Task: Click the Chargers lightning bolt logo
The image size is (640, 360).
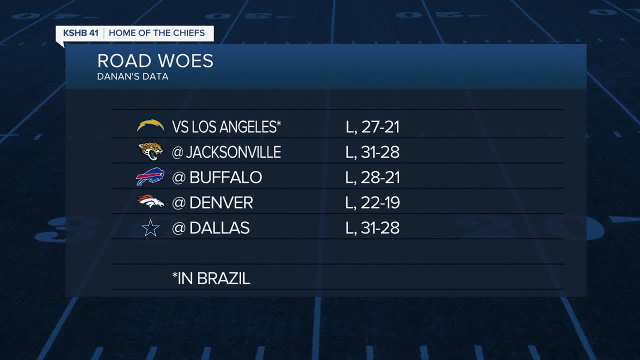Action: click(x=150, y=126)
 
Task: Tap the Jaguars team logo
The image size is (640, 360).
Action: click(x=150, y=151)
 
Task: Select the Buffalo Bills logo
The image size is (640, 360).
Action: click(x=150, y=177)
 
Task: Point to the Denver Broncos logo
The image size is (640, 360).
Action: click(x=150, y=202)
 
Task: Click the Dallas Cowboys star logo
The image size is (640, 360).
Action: click(x=150, y=228)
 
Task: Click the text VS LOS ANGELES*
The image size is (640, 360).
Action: click(x=226, y=126)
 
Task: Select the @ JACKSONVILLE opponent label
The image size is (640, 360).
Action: click(x=226, y=152)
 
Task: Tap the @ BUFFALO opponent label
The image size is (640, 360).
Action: click(x=216, y=177)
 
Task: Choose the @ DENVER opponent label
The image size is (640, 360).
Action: click(x=212, y=202)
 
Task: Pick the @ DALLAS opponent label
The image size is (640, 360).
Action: click(x=210, y=228)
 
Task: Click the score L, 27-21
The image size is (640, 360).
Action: click(x=372, y=126)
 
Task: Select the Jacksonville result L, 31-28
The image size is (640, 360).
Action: click(x=372, y=152)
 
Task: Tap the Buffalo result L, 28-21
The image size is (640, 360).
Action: click(x=372, y=177)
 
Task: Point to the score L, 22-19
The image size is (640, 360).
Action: click(x=372, y=202)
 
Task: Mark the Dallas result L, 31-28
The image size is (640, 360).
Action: click(x=372, y=228)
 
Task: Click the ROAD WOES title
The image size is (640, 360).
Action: click(x=155, y=61)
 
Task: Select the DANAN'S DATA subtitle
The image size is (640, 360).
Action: click(x=132, y=77)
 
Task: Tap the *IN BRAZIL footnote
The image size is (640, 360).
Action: click(x=211, y=278)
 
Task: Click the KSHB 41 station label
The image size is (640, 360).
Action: click(x=80, y=33)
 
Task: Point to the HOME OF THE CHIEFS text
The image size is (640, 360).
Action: click(x=156, y=33)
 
